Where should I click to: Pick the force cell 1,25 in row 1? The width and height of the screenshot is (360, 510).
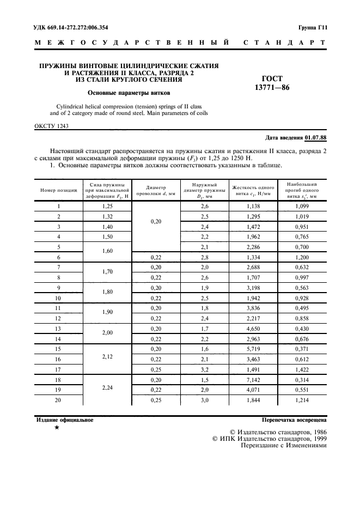[107, 207]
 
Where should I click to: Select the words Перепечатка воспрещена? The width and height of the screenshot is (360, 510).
[294, 420]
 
